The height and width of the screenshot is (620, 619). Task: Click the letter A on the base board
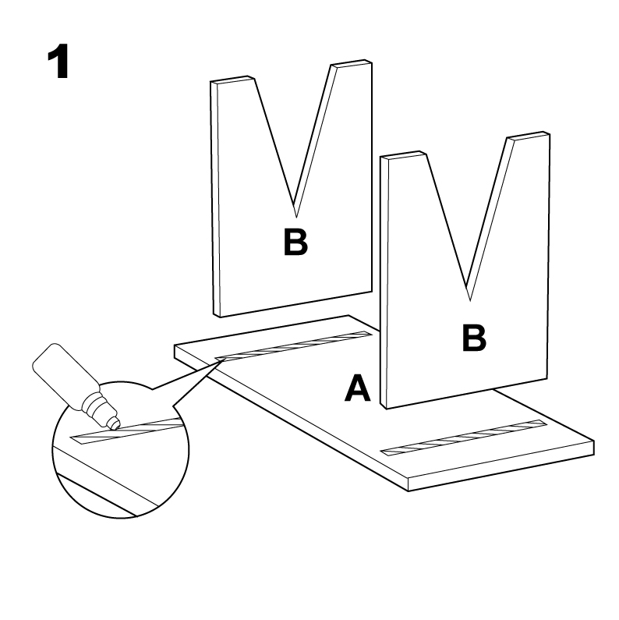point(358,388)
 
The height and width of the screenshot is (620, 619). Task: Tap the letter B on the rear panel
point(295,243)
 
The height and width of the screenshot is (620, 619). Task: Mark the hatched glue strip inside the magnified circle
point(129,431)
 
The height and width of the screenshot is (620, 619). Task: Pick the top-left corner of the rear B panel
point(212,82)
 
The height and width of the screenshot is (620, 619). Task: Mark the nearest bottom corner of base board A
point(409,491)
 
